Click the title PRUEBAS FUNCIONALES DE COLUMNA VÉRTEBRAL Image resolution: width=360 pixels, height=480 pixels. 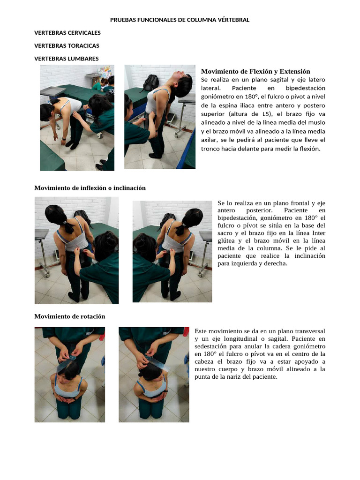tap(180, 20)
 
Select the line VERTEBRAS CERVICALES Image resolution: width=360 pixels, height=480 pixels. tap(67, 33)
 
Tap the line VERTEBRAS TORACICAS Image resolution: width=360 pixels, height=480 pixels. tap(67, 45)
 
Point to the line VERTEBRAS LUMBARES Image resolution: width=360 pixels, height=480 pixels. tap(67, 59)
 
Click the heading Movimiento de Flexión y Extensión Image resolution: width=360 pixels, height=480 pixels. tap(255, 71)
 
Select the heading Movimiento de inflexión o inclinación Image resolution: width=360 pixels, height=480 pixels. tap(90, 188)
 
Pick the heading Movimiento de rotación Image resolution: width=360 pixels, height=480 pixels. tap(70, 316)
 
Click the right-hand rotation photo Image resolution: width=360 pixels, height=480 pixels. tap(154, 375)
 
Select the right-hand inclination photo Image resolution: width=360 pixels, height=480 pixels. tap(172, 251)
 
